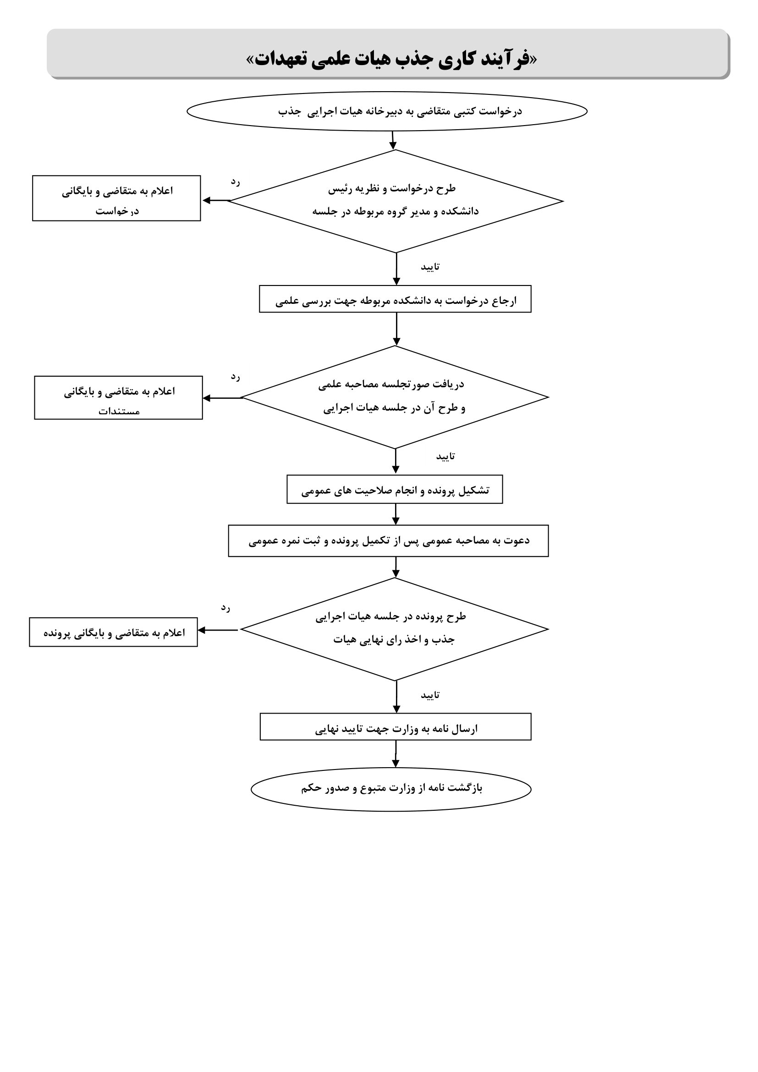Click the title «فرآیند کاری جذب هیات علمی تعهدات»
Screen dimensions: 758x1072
coord(392,59)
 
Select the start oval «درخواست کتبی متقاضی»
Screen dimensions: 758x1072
coord(387,111)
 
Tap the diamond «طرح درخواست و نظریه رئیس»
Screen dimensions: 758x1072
coord(396,201)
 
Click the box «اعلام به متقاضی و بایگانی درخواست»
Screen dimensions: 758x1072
coord(116,198)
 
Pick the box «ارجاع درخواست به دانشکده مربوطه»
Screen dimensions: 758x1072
coord(395,299)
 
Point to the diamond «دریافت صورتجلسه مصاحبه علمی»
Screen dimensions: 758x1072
coord(395,397)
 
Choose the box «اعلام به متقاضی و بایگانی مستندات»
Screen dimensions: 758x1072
coord(119,398)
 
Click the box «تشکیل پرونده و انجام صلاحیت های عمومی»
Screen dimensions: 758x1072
coord(395,489)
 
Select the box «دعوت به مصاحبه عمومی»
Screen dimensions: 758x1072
coord(388,541)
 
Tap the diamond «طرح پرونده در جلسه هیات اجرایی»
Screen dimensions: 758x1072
coord(395,629)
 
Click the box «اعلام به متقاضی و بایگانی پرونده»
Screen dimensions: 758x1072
coord(113,632)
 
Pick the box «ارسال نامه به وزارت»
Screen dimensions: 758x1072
coord(396,726)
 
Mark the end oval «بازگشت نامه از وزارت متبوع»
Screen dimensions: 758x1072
coord(391,789)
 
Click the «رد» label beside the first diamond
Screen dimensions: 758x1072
coord(235,181)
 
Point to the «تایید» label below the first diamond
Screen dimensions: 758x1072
coord(430,267)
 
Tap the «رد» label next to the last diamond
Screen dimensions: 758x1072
coord(225,607)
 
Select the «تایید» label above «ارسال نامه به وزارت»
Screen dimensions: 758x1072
coord(430,695)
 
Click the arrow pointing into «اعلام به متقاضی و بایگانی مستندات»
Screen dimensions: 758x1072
coord(222,398)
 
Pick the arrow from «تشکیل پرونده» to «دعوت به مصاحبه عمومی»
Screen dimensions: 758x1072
coord(396,515)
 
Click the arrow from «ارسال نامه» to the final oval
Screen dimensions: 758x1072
coord(396,754)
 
